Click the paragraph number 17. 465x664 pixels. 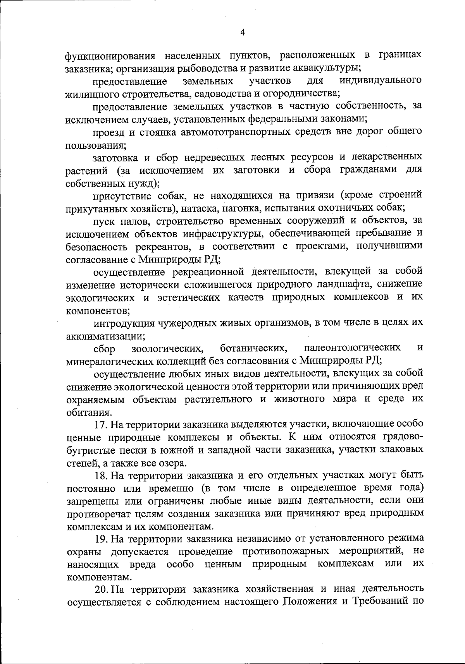101,424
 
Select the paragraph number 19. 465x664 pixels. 102,538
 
